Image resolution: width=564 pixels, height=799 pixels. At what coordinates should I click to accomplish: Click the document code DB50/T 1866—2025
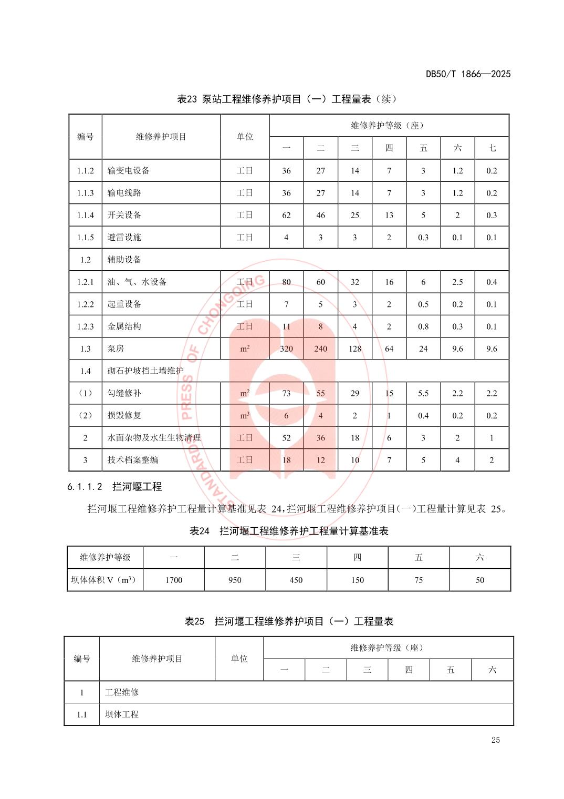click(468, 74)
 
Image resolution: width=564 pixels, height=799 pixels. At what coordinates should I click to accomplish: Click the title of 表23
click(287, 99)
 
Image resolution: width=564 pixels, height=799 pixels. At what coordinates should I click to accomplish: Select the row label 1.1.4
click(85, 215)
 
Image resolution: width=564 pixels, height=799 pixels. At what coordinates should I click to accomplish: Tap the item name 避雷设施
click(124, 237)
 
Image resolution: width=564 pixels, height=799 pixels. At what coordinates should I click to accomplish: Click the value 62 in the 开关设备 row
click(286, 215)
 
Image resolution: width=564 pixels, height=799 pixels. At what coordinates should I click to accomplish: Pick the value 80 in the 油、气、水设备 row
click(286, 282)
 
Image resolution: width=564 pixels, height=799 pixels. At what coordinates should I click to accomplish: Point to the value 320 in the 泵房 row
click(286, 349)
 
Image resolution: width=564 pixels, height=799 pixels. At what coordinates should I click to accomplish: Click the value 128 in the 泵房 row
click(355, 349)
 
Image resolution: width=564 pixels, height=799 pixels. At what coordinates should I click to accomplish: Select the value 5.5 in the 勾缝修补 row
click(423, 393)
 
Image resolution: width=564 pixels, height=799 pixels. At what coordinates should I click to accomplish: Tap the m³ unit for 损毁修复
click(245, 415)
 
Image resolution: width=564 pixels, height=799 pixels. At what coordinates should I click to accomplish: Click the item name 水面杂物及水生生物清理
click(154, 437)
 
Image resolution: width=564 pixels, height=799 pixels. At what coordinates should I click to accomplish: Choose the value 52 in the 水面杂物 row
click(286, 437)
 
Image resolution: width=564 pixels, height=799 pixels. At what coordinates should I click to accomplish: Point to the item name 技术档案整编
click(133, 460)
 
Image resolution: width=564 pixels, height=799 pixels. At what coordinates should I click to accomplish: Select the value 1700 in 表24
click(174, 580)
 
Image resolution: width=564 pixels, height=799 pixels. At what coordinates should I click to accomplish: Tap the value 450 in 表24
click(296, 580)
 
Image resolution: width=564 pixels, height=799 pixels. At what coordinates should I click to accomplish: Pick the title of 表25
click(289, 621)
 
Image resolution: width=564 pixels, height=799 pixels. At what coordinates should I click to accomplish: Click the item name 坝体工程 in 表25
click(122, 714)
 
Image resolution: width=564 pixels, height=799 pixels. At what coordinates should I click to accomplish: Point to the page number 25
click(496, 740)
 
